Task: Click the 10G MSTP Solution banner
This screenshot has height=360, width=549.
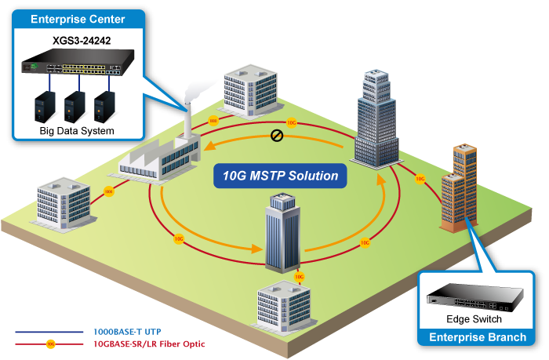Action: [x=280, y=175]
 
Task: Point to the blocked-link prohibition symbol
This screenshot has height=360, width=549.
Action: [x=276, y=136]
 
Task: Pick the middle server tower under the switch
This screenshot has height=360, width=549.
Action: [x=75, y=107]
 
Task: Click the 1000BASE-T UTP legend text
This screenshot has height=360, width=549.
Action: [x=127, y=332]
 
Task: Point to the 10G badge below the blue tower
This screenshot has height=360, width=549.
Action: [x=299, y=277]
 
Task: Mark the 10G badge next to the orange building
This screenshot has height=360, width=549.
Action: [x=420, y=179]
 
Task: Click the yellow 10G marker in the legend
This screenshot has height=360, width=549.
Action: [x=50, y=344]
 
